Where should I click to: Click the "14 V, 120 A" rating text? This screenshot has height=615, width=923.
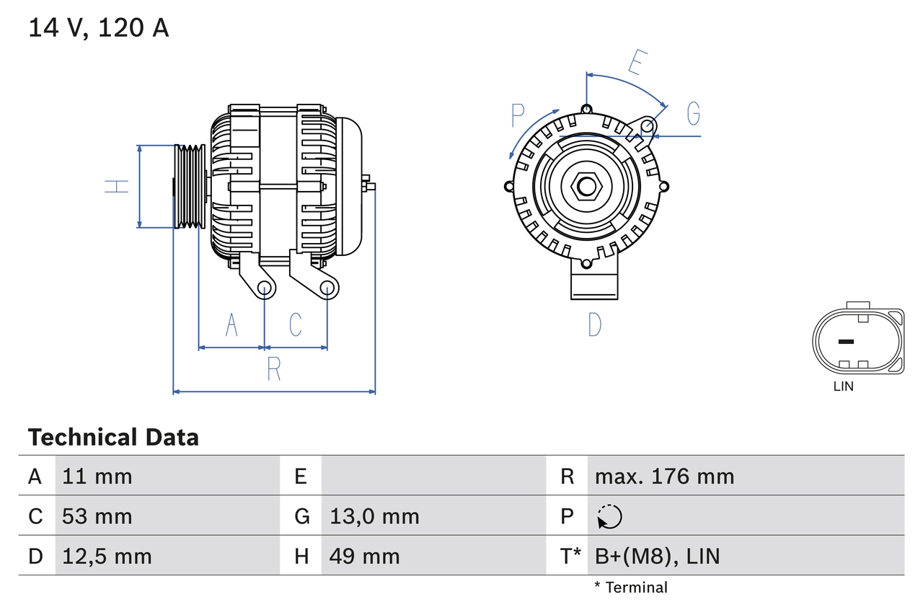point(98,28)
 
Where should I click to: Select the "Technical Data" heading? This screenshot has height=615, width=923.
point(113,438)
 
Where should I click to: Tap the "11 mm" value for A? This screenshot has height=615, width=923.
point(97,476)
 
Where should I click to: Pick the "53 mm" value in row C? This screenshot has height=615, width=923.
point(97,516)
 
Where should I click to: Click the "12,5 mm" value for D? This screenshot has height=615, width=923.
point(107,556)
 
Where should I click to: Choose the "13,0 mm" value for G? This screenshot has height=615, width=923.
point(374,516)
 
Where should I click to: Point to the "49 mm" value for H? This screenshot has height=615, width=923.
point(364,556)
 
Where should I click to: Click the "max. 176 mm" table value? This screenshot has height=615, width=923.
point(664,476)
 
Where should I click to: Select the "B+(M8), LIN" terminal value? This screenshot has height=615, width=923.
point(657,556)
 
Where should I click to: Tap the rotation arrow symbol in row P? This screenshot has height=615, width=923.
point(609,517)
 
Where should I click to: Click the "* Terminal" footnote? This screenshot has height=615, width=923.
point(631,588)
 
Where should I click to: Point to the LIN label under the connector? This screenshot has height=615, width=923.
point(843,386)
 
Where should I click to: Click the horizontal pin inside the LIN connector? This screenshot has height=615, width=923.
point(846,341)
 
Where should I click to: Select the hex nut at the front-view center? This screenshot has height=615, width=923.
point(587,187)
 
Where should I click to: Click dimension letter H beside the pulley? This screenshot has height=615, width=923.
point(116,186)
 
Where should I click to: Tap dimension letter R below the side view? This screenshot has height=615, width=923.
point(273,369)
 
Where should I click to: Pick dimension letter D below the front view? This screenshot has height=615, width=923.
point(594,325)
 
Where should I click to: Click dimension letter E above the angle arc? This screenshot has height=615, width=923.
point(635,63)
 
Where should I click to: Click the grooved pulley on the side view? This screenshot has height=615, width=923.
point(190,187)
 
